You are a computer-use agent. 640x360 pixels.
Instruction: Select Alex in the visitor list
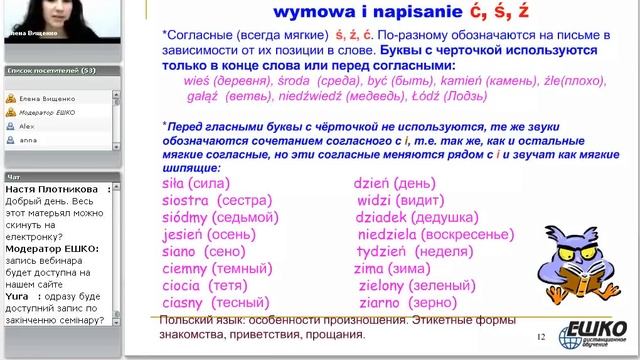pyautogui.click(x=27, y=128)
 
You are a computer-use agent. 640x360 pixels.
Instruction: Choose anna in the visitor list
pyautogui.click(x=28, y=142)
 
